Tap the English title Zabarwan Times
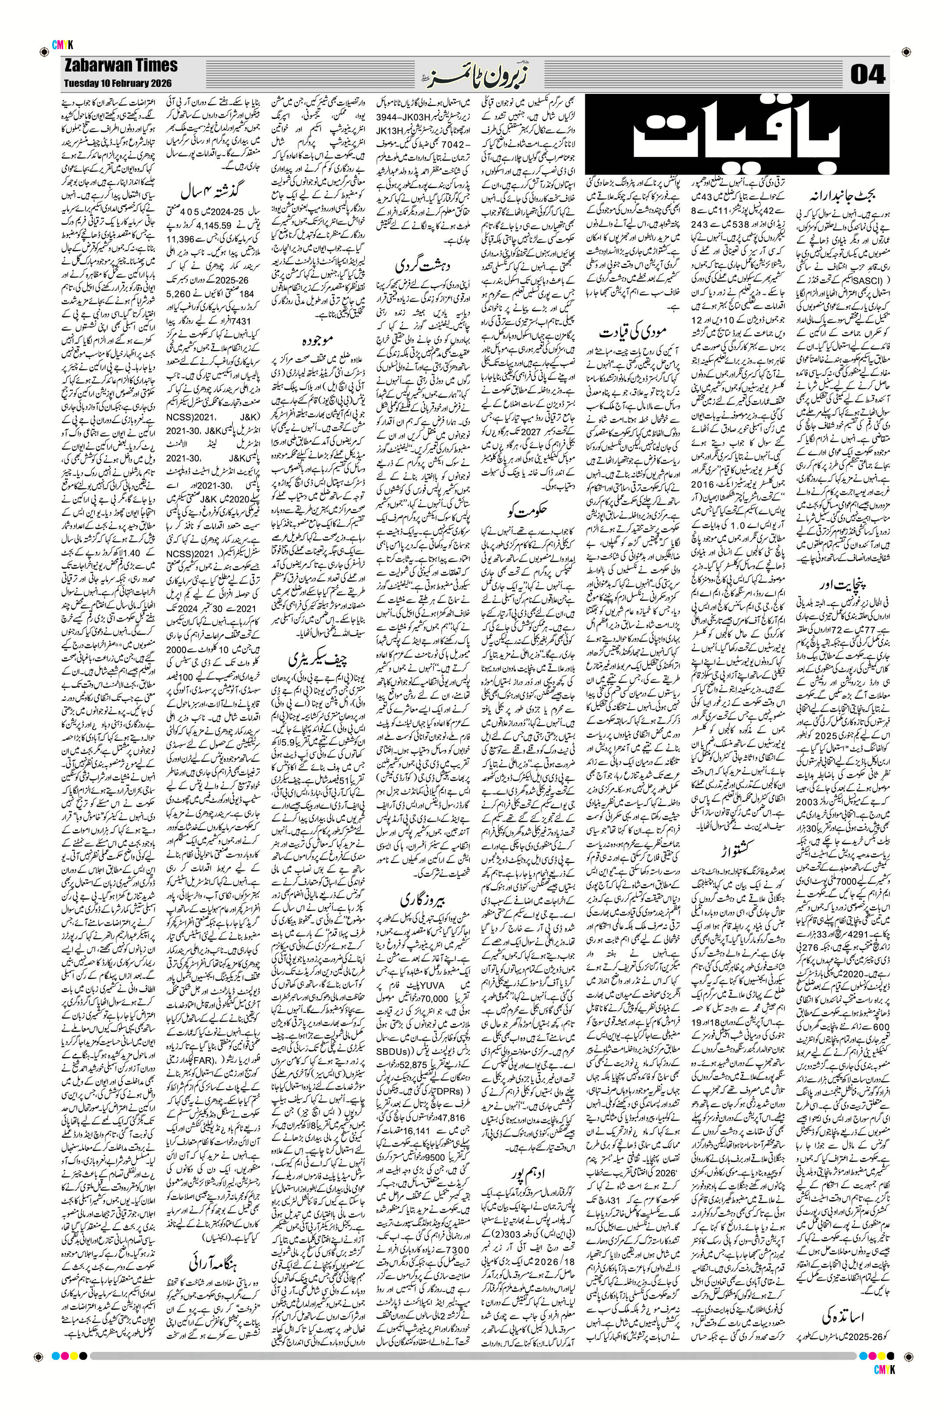tap(119, 66)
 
